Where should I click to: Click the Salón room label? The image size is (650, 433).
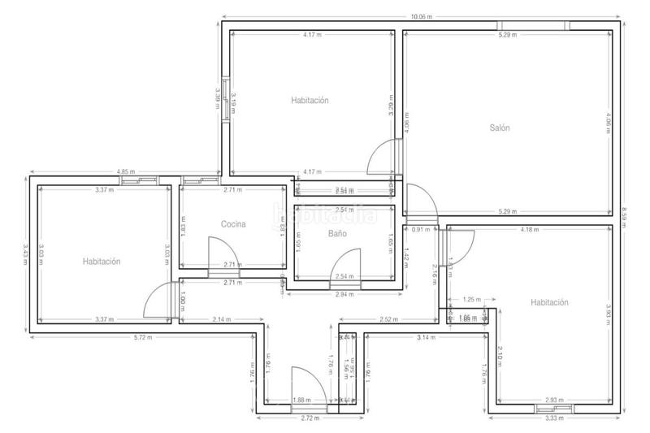500,128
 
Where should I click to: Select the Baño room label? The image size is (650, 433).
337,233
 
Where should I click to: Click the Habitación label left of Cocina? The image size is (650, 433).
101,262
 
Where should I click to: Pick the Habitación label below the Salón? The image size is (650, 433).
549,302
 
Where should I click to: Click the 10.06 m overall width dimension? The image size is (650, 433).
421,16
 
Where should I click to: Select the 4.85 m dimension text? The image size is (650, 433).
125,171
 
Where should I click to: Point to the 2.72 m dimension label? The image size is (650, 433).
310,418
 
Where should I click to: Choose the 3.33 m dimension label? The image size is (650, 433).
555,418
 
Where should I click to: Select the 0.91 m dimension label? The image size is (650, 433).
421,229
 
